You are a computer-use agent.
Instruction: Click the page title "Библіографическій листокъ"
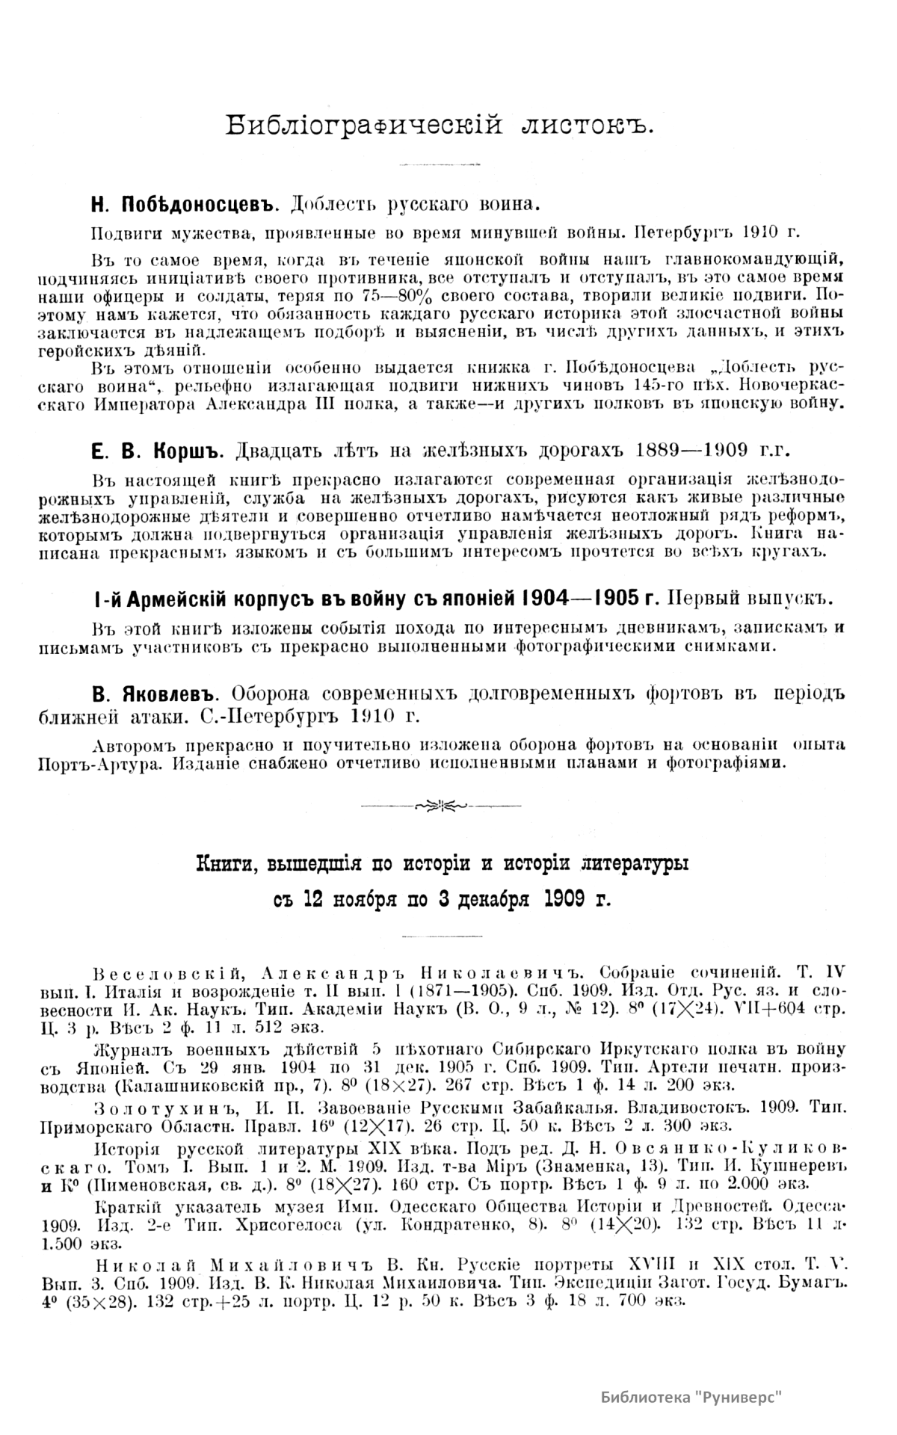441,125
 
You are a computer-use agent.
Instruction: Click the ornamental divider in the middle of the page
441,805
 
